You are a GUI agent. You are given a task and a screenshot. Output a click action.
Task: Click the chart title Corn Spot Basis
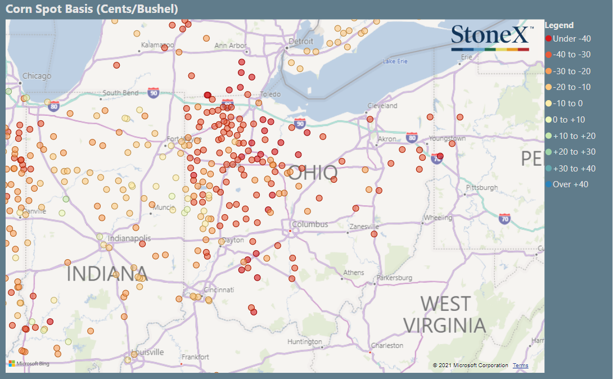[92, 9]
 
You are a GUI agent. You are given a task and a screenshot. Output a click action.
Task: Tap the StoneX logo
[490, 37]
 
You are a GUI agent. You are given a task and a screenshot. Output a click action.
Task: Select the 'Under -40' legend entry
[567, 39]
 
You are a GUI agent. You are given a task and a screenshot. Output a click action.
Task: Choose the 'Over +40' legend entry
[566, 184]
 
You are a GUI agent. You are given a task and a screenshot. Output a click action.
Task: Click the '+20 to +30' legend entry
[570, 152]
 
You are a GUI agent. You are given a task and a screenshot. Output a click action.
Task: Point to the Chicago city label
[37, 76]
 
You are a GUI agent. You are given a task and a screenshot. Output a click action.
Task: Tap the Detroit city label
[300, 42]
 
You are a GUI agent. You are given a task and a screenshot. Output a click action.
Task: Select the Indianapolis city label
[129, 238]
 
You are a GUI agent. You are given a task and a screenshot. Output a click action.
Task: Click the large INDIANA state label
[107, 274]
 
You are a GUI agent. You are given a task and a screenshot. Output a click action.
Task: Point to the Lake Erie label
[394, 61]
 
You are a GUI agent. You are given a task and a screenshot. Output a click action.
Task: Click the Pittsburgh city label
[481, 187]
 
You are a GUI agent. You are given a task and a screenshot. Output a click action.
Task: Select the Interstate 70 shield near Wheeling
[505, 218]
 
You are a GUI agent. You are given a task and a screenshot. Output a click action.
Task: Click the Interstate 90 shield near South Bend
[154, 92]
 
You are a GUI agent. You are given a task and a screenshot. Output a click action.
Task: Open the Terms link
[520, 366]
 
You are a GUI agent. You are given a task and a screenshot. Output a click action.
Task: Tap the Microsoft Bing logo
[29, 364]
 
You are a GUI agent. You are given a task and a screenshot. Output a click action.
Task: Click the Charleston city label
[387, 345]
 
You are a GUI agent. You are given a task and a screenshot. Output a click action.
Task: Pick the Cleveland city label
[382, 106]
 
